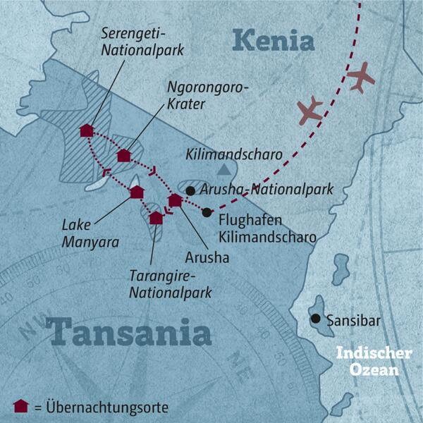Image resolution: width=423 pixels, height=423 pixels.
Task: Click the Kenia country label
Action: [x=273, y=40]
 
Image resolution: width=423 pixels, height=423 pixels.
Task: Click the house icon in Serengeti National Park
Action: [x=87, y=130]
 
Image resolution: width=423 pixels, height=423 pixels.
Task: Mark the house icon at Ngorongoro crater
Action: [x=124, y=155]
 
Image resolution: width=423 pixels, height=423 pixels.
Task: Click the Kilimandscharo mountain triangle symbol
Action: [x=224, y=169]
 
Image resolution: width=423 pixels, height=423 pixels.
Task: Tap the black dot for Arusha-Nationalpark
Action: [x=190, y=190]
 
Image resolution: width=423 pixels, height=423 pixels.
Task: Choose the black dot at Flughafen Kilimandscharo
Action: [x=206, y=212]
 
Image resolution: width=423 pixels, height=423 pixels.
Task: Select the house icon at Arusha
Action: [x=175, y=201]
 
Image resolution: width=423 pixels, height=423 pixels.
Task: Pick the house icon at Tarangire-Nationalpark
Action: [x=156, y=218]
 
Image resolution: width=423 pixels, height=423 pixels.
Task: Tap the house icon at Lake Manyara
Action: [x=137, y=192]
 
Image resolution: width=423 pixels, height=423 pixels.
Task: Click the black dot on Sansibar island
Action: [x=315, y=319]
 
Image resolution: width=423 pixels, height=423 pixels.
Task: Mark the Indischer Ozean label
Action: [x=367, y=360]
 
